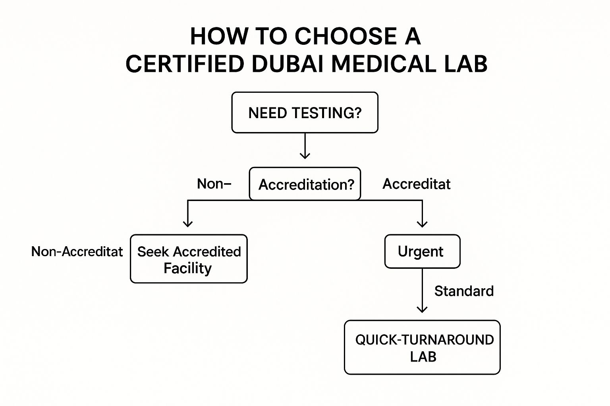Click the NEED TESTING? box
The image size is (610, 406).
click(305, 113)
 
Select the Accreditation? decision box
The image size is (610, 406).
click(305, 184)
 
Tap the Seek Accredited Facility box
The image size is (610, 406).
click(189, 259)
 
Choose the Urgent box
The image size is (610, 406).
click(422, 251)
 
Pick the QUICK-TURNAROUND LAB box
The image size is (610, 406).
click(423, 347)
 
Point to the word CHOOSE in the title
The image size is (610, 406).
click(346, 36)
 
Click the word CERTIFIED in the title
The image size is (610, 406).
click(185, 64)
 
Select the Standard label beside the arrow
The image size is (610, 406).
click(464, 291)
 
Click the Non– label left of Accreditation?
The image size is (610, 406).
click(214, 184)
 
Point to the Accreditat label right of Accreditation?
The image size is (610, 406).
click(416, 184)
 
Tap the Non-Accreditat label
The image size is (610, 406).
click(77, 251)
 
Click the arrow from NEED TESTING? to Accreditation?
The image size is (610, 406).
click(305, 146)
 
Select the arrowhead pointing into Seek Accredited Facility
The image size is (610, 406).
click(188, 223)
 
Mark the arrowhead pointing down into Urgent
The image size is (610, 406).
click(422, 223)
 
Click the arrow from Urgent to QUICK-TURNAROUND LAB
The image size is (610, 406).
click(422, 291)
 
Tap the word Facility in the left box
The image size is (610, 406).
click(187, 268)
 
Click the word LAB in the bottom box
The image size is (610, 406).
click(423, 357)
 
